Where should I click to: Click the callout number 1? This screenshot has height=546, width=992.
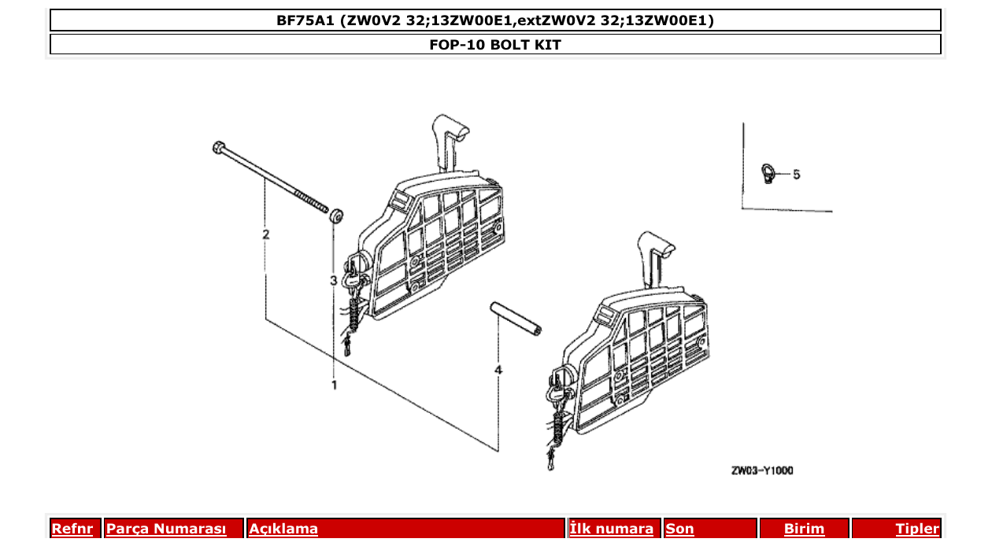click(x=334, y=385)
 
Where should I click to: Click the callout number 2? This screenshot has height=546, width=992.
click(x=266, y=234)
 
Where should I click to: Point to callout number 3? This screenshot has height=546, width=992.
click(x=334, y=280)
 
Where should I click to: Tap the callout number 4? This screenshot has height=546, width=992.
click(x=498, y=369)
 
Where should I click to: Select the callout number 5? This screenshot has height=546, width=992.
click(x=796, y=174)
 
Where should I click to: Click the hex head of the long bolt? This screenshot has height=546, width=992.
click(x=218, y=146)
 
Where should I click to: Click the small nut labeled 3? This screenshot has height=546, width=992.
click(x=336, y=215)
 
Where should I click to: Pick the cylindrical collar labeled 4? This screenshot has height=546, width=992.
click(x=515, y=318)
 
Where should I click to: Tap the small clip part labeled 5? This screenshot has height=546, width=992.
click(x=768, y=172)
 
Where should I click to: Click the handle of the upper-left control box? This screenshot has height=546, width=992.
click(x=448, y=138)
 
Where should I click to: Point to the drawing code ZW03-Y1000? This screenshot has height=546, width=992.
click(x=761, y=470)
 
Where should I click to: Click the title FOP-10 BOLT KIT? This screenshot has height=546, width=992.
click(x=495, y=45)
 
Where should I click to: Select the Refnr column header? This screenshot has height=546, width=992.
click(x=72, y=529)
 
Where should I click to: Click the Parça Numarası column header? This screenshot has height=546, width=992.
click(x=166, y=529)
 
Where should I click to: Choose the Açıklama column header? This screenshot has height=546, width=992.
click(x=283, y=529)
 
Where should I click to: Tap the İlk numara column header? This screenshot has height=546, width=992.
click(x=611, y=529)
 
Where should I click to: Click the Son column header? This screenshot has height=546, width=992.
click(x=680, y=529)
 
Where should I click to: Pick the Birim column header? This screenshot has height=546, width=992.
click(x=804, y=529)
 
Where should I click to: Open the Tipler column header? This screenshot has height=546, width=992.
click(x=916, y=529)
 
